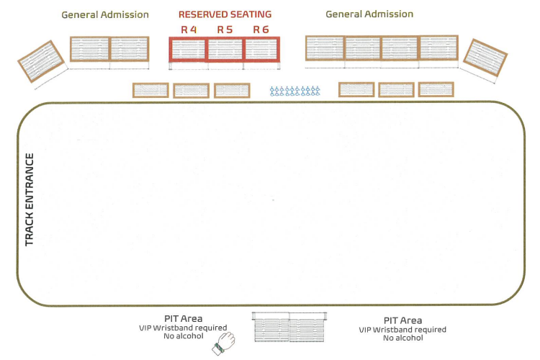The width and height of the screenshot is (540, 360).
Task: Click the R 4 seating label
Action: (189, 30)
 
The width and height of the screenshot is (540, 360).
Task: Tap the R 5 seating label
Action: (225, 30)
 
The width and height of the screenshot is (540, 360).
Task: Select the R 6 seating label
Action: (261, 30)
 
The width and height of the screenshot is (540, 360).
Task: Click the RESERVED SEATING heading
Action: (225, 14)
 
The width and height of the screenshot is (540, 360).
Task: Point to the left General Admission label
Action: (105, 14)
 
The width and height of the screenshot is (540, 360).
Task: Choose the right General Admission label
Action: (369, 14)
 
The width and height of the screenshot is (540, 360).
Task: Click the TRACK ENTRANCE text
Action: (30, 199)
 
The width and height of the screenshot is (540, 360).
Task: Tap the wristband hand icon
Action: (223, 343)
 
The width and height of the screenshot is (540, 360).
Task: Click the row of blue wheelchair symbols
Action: (294, 91)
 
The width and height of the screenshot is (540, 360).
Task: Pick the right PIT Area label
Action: (402, 320)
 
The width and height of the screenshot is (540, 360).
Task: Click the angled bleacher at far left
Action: (41, 60)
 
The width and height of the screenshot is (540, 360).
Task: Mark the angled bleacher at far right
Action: (484, 57)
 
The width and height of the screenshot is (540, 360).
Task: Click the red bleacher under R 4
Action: (188, 50)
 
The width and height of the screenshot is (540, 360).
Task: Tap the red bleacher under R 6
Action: (262, 50)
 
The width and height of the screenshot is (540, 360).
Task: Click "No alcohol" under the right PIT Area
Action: (402, 338)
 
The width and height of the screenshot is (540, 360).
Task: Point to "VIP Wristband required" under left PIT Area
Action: (182, 328)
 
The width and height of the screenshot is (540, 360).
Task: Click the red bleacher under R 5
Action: (225, 50)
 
